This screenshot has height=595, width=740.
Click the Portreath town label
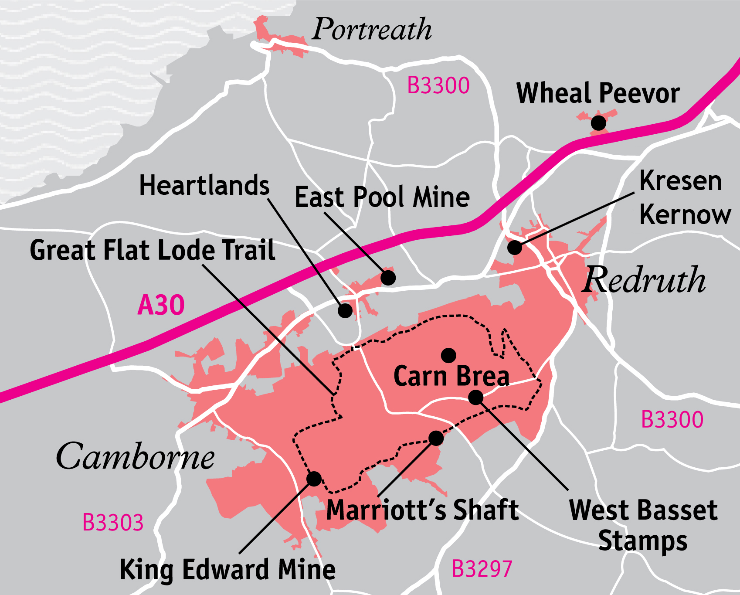tap(372, 30)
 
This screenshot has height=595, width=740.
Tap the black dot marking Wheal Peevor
tap(598, 123)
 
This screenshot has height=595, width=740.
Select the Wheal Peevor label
tap(598, 93)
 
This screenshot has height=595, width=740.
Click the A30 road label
tap(161, 305)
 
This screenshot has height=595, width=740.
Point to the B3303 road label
tap(113, 522)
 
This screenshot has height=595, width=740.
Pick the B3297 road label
tap(482, 568)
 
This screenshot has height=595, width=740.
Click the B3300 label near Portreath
tap(438, 85)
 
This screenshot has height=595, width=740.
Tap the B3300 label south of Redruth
tap(672, 420)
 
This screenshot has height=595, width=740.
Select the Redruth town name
tap(644, 280)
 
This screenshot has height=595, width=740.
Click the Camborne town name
tap(135, 456)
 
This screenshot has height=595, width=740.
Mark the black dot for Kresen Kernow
tap(515, 247)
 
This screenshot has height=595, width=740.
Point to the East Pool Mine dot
tap(388, 277)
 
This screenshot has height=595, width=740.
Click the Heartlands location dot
tap(345, 310)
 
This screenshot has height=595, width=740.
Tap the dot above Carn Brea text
tap(448, 355)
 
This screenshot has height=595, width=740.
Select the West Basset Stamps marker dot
tap(475, 397)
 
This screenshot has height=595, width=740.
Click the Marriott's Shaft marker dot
tap(436, 438)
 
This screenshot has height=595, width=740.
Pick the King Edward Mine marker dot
tap(314, 479)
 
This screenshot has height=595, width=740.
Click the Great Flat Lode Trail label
tap(152, 250)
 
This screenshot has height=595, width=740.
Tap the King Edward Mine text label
tap(227, 569)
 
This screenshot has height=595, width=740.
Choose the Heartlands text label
tap(204, 185)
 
